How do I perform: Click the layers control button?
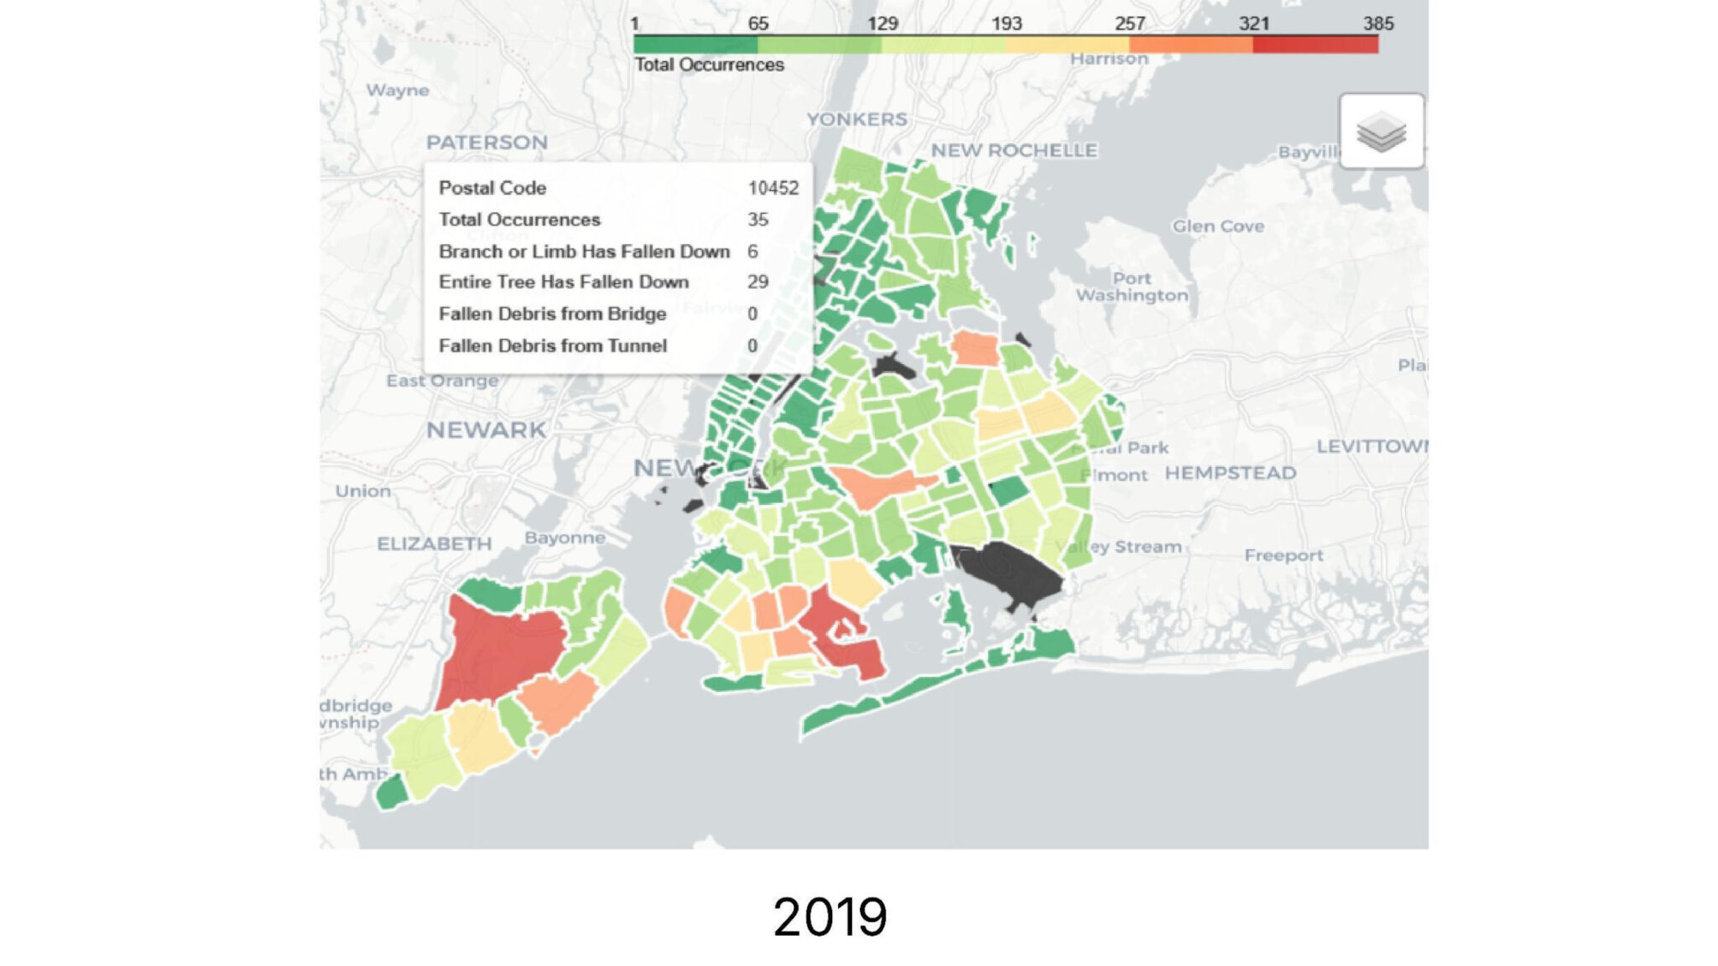click(x=1381, y=132)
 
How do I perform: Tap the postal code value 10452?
click(x=773, y=188)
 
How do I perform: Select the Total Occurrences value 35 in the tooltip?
click(x=757, y=220)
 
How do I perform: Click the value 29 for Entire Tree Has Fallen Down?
click(x=757, y=282)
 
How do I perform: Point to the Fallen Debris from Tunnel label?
click(x=552, y=345)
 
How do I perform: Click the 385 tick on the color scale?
click(x=1377, y=23)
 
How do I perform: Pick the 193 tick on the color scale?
click(x=1006, y=23)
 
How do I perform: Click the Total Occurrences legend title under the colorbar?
click(x=709, y=65)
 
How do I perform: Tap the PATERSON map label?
click(x=487, y=143)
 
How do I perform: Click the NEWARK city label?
click(x=486, y=430)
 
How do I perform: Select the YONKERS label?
click(x=856, y=119)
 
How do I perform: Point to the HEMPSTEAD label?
click(x=1230, y=473)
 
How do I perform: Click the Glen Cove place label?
click(x=1217, y=226)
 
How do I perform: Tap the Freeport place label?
click(x=1283, y=555)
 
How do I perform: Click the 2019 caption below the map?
click(x=829, y=917)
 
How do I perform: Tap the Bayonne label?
click(x=565, y=538)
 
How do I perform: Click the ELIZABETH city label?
click(x=434, y=543)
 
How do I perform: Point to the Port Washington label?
click(x=1132, y=287)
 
